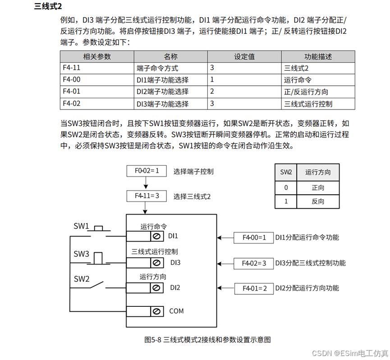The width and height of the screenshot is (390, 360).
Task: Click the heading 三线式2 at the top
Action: click(x=47, y=6)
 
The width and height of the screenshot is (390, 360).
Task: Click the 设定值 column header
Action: click(x=244, y=57)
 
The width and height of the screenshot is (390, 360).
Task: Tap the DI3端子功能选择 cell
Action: click(x=162, y=104)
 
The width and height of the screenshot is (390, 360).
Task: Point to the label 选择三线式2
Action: click(x=192, y=196)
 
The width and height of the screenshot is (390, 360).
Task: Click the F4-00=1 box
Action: click(x=254, y=237)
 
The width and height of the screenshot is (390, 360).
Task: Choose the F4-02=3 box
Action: click(x=254, y=263)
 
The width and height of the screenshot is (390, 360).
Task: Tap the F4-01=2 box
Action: click(x=254, y=288)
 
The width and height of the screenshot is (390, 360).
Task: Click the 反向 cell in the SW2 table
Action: click(x=317, y=201)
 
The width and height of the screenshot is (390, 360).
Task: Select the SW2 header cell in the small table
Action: click(x=286, y=172)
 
